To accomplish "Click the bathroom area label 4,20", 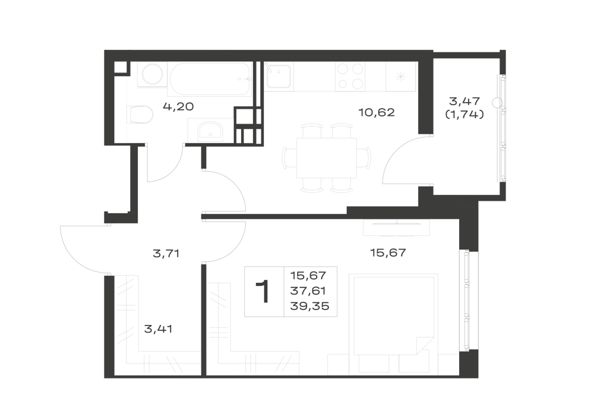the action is [x=178, y=106].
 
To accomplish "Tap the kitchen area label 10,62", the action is [x=377, y=112].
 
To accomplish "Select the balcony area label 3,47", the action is [x=465, y=101].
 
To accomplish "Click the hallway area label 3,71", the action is [x=166, y=253].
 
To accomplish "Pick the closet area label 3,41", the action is [x=159, y=329].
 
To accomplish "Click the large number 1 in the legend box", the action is [x=263, y=291].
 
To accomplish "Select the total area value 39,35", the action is [x=309, y=306].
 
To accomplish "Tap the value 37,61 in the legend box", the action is [x=308, y=291].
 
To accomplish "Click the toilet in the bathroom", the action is [x=140, y=115].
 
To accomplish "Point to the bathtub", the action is [x=210, y=79].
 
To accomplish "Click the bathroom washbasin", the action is [x=210, y=131].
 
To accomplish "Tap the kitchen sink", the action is [x=279, y=76].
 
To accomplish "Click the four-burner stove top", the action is [x=350, y=77].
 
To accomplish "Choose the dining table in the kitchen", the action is [x=327, y=157].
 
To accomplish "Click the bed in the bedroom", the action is [x=394, y=314].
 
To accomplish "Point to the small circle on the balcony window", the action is [x=497, y=102].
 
